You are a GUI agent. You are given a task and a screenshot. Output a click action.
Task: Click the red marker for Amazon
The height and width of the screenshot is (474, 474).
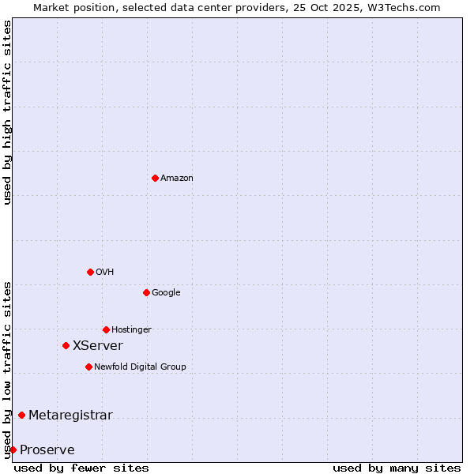155,178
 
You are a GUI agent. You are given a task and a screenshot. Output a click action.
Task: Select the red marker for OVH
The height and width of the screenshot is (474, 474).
90,272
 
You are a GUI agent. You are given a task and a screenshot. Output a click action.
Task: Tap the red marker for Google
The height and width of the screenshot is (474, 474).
146,292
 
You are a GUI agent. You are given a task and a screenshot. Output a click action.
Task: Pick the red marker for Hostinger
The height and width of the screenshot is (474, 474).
106,329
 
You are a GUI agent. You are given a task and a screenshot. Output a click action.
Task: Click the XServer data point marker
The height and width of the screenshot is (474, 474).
66,345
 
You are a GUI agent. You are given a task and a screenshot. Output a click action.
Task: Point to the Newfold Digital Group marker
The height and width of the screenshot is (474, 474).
88,367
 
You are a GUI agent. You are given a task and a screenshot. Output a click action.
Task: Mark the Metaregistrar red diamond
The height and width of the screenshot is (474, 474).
21,415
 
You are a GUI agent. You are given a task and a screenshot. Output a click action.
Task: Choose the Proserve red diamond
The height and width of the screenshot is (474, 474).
13,450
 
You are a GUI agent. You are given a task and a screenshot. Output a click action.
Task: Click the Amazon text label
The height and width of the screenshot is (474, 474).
177,179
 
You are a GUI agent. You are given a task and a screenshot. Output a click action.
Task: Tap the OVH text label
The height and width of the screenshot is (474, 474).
105,273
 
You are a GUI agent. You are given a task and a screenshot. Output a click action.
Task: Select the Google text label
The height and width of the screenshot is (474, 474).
166,293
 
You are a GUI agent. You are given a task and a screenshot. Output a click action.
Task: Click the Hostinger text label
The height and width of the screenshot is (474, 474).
131,330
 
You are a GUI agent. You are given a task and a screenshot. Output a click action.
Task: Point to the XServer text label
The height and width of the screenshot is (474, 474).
98,346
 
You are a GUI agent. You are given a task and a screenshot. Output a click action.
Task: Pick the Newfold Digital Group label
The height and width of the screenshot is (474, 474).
140,367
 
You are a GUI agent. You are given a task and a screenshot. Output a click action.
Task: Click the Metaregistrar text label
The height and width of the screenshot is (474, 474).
70,416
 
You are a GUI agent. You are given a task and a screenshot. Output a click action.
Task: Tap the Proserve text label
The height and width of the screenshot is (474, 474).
47,450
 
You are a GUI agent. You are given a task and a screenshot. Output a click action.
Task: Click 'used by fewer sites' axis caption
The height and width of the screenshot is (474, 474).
81,468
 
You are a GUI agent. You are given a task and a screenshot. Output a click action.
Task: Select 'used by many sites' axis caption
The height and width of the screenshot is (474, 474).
397,468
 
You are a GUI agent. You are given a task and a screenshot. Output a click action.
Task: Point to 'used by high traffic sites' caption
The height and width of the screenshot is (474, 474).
7,112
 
